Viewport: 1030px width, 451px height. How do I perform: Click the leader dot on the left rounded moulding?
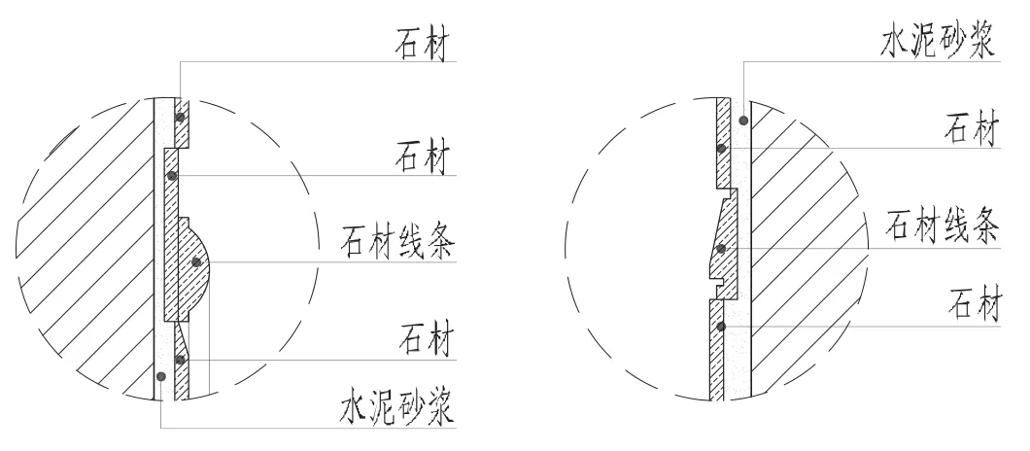197,261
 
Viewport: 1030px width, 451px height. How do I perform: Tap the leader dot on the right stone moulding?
721,248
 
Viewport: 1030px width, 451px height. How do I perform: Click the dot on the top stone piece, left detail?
180,118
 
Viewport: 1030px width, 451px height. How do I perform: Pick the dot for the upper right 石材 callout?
720,148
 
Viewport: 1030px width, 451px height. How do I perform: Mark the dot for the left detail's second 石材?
171,176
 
